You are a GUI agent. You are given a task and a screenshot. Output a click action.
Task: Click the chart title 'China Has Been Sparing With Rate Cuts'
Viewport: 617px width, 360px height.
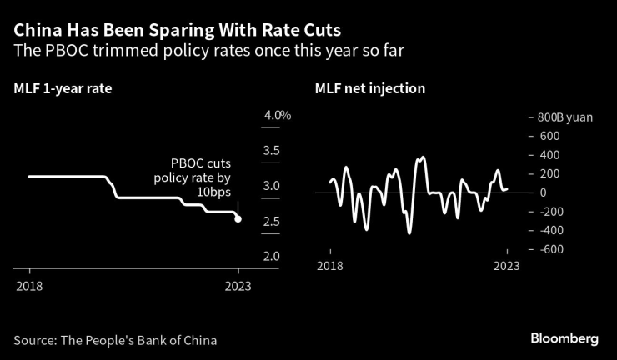pyautogui.click(x=177, y=31)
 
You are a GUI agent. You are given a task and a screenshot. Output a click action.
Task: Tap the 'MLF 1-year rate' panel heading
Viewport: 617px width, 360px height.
pyautogui.click(x=63, y=87)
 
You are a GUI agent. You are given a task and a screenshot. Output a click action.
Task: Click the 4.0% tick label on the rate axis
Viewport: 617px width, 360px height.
pyautogui.click(x=277, y=115)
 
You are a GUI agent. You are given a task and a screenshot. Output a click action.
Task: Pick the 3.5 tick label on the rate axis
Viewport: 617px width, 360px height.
pyautogui.click(x=271, y=151)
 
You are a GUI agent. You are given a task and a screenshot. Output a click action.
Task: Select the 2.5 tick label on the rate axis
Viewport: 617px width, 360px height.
pyautogui.click(x=271, y=221)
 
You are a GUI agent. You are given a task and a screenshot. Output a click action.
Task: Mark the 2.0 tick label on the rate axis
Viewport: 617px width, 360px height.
pyautogui.click(x=271, y=256)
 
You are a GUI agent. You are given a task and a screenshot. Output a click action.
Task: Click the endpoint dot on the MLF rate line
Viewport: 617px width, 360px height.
pyautogui.click(x=238, y=219)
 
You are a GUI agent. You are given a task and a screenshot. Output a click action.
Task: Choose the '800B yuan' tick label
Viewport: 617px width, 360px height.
pyautogui.click(x=565, y=117)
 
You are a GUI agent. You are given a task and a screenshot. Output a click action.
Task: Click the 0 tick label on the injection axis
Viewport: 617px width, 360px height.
pyautogui.click(x=542, y=192)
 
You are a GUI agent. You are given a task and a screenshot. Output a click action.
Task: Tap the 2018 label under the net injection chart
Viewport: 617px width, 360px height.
pyautogui.click(x=330, y=265)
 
